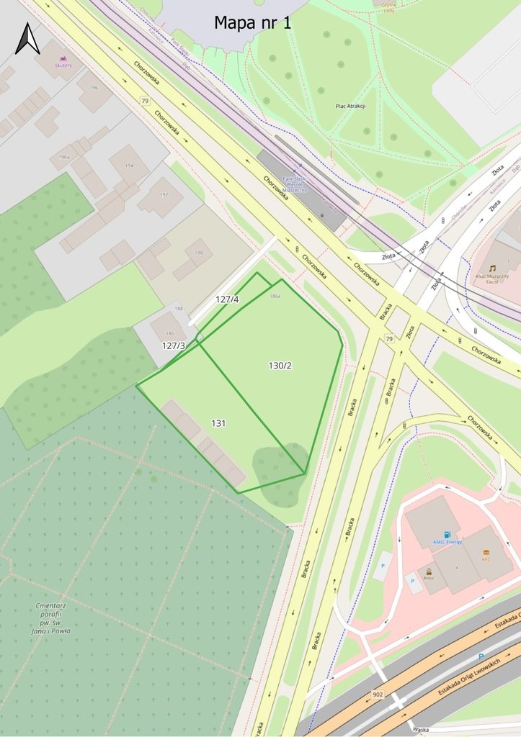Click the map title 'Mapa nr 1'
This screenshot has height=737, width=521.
click(252, 23)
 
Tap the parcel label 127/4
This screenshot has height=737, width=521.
click(227, 299)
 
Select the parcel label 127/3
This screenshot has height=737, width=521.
click(173, 345)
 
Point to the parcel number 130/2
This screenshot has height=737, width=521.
click(280, 365)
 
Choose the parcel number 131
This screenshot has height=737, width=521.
click(218, 423)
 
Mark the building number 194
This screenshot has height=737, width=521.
click(130, 166)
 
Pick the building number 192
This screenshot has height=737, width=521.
click(164, 194)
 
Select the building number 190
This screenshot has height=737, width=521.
click(199, 253)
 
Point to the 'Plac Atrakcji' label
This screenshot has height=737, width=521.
click(351, 106)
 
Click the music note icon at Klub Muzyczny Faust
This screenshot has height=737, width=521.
click(492, 268)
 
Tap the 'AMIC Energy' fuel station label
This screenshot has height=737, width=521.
click(447, 541)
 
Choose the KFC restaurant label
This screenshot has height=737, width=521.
click(486, 559)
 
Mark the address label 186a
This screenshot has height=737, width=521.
click(275, 296)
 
